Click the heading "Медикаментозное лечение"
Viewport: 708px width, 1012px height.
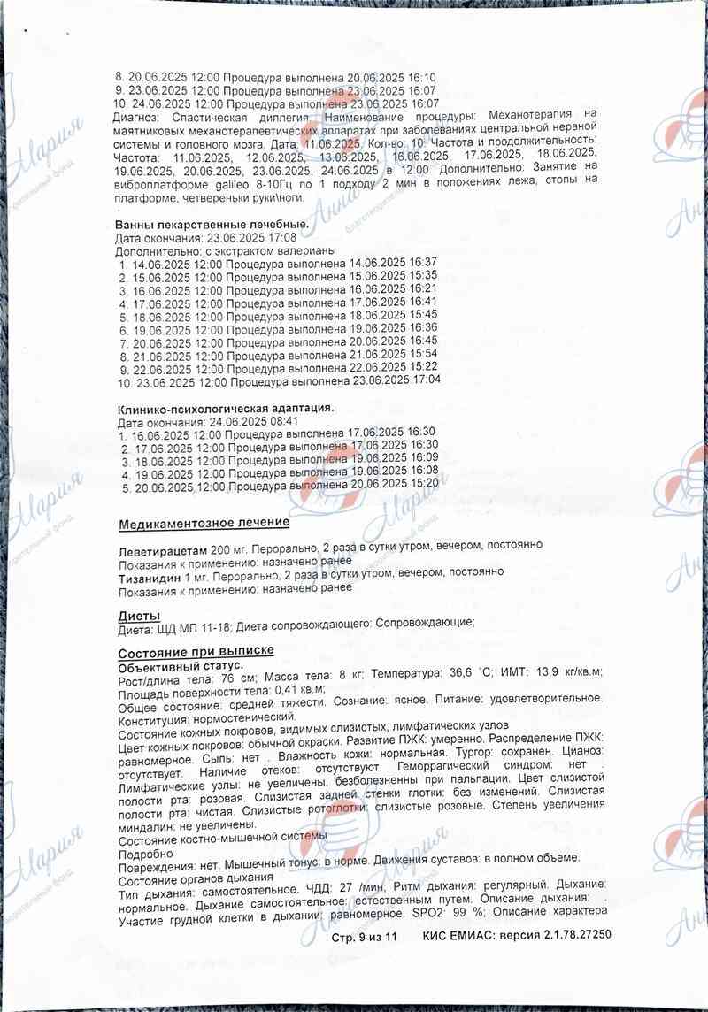coord(204,524)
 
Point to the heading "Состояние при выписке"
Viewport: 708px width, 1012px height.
coord(196,652)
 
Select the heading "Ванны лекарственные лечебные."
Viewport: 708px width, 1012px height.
coord(212,224)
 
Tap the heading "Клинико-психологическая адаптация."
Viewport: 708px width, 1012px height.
coord(226,409)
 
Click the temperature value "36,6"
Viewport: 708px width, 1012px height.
coord(459,673)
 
